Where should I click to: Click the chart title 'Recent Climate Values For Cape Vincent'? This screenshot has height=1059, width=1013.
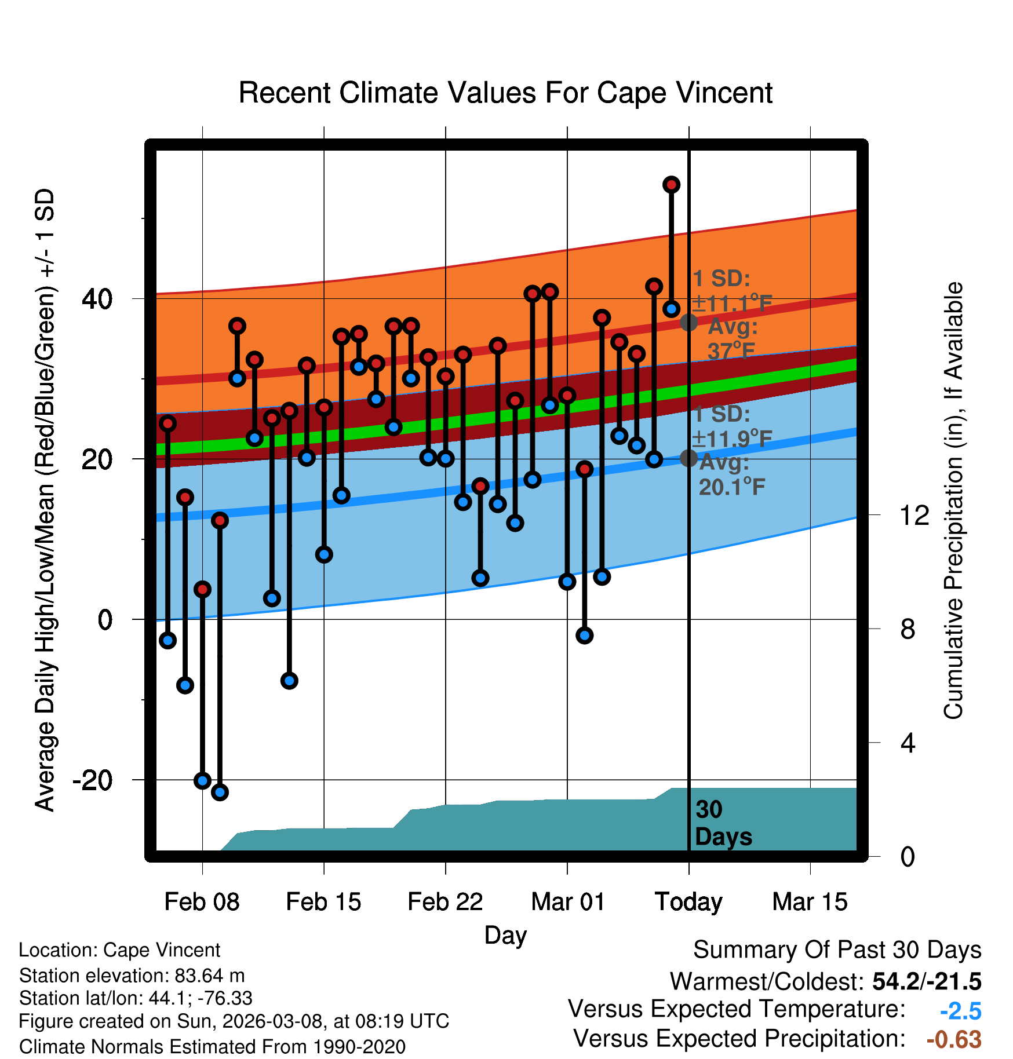click(x=505, y=93)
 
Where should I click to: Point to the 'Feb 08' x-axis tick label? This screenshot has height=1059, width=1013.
click(x=202, y=902)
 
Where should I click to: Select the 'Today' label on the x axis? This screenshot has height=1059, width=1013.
click(x=688, y=902)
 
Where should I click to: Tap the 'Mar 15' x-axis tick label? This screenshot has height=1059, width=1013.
click(x=810, y=902)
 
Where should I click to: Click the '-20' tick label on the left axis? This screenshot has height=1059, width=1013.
click(x=92, y=780)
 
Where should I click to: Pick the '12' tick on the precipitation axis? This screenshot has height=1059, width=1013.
click(x=914, y=515)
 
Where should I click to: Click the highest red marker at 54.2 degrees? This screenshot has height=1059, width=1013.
click(x=671, y=185)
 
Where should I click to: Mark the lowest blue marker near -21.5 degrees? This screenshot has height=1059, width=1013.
click(x=220, y=792)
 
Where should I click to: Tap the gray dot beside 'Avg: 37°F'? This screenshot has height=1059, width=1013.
click(x=688, y=322)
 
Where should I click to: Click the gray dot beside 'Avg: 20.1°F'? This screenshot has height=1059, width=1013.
click(x=688, y=458)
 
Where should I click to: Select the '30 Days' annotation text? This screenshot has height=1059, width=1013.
click(x=723, y=823)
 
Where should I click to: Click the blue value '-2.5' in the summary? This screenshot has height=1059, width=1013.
click(x=960, y=1011)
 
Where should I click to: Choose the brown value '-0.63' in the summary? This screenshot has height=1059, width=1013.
click(x=954, y=1039)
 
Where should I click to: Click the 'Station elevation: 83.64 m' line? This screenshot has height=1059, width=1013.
click(x=132, y=976)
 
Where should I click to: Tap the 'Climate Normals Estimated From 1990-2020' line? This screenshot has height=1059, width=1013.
click(x=212, y=1047)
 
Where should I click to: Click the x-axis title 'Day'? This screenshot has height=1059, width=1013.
click(x=505, y=935)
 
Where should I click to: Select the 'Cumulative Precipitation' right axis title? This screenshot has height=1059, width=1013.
click(x=953, y=501)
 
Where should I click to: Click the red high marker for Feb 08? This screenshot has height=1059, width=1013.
click(x=202, y=589)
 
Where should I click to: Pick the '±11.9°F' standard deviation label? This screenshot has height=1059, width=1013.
click(x=732, y=439)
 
